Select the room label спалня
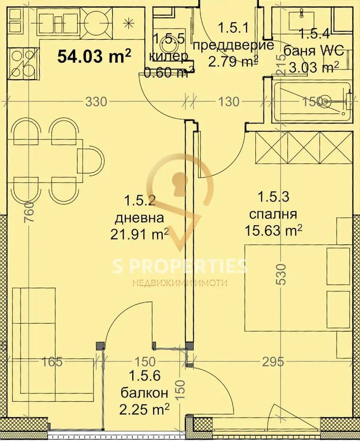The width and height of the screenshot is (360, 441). coord(273,214)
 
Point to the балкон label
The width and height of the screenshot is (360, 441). coord(145,392)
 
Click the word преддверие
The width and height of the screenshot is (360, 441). coord(233,45)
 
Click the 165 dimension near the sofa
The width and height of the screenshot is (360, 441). coord(51,362)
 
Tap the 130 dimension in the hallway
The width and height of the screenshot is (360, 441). coord(229,102)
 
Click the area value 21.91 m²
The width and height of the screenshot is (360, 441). coord(140,234)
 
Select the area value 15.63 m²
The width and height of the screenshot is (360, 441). coord(273,230)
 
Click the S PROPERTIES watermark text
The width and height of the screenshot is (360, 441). coord(180,266)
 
